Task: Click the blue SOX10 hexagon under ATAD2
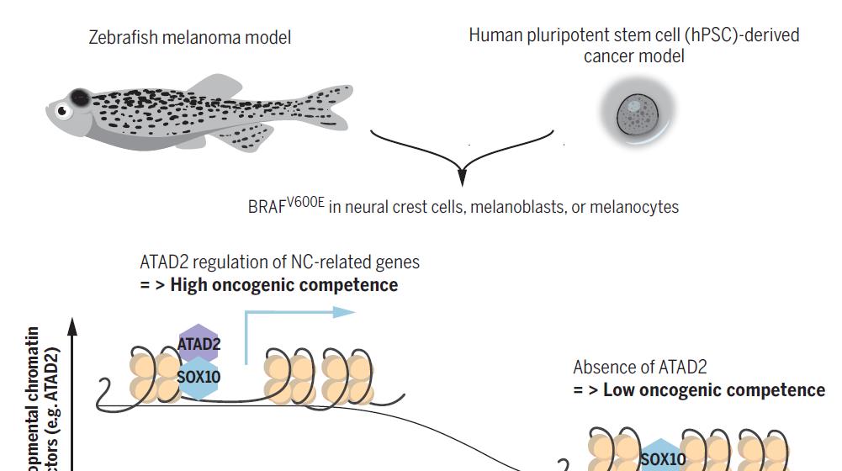coord(199,377)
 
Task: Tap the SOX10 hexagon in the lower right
coord(663,458)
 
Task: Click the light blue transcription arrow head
coord(346,312)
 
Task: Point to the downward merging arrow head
coord(461,179)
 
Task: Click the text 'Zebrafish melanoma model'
coord(190,37)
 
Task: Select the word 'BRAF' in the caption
coord(267,208)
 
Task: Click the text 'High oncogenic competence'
coord(283,284)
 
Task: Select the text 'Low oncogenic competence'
coord(713,389)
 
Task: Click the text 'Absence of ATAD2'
coord(640,367)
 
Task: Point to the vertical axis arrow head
coord(72,324)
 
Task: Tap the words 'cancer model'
coord(633,56)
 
